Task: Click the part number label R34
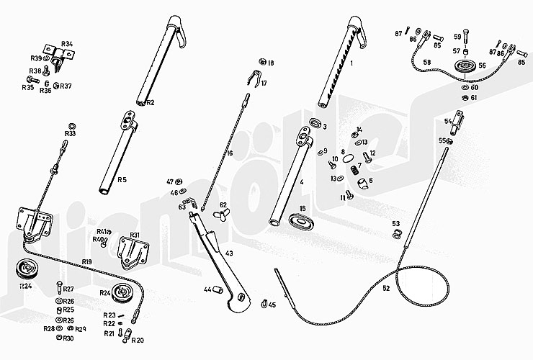click(x=66, y=44)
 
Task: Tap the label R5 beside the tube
click(x=122, y=179)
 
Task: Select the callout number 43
click(x=229, y=253)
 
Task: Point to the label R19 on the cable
click(x=86, y=261)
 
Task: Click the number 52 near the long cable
click(x=386, y=288)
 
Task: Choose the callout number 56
click(x=482, y=66)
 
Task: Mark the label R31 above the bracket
click(x=133, y=235)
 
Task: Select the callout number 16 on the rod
click(x=229, y=153)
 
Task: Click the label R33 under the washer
click(x=71, y=134)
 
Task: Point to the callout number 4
click(x=302, y=182)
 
